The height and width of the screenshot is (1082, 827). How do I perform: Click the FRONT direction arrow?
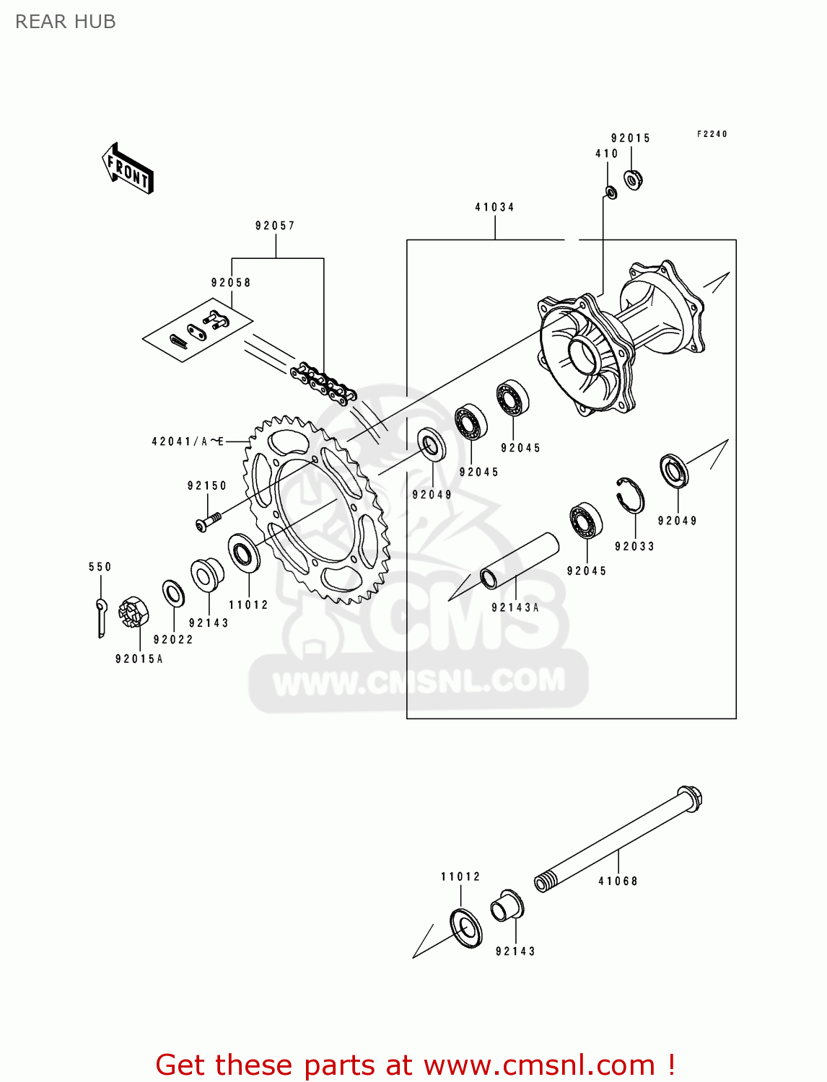128,169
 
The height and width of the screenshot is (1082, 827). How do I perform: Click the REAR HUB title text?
65,22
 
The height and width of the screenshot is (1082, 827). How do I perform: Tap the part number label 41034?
494,207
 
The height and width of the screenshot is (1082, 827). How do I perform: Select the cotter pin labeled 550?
101,617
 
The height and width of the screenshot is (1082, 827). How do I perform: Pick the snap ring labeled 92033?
631,495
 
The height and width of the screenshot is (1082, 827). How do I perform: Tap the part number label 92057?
275,226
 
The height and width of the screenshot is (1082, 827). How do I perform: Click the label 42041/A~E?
188,441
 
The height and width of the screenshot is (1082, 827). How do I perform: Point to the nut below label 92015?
633,179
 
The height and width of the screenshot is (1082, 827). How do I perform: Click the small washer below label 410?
610,193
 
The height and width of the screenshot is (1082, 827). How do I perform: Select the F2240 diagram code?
712,134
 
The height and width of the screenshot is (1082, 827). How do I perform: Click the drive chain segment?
323,384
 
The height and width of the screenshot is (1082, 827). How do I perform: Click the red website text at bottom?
415,1065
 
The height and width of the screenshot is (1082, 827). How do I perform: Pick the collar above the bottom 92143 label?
507,907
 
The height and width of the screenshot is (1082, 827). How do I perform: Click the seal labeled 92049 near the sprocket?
432,445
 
